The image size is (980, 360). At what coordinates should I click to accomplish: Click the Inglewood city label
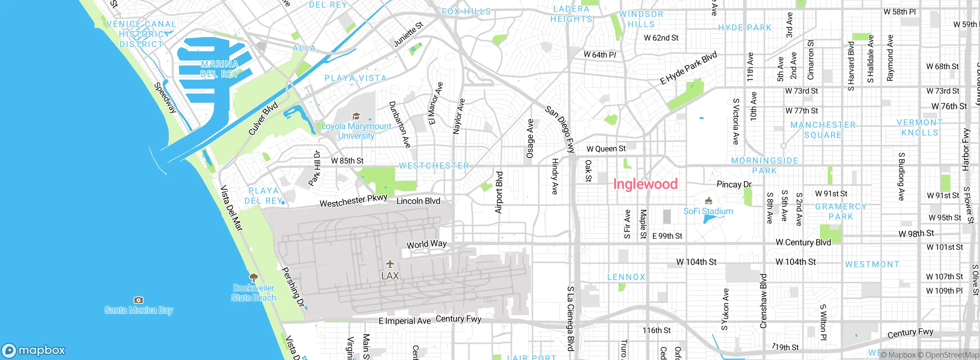(x=645, y=184)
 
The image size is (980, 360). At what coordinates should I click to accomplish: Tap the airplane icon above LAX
(x=390, y=264)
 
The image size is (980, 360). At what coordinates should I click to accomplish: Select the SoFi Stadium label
(x=708, y=211)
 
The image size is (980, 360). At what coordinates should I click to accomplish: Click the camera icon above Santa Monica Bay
(x=139, y=300)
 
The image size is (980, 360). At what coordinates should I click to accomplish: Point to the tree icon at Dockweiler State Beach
(x=253, y=277)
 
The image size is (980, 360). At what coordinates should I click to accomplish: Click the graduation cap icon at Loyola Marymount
(x=356, y=116)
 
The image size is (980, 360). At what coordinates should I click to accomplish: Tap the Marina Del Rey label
(x=219, y=69)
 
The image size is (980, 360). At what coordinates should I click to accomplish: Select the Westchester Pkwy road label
(x=353, y=201)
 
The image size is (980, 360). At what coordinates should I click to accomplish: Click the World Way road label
(x=426, y=244)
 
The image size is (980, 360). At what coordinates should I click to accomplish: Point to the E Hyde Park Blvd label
(x=688, y=68)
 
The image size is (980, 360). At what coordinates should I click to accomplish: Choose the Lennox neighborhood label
(x=626, y=277)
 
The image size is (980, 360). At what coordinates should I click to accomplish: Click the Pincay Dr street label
(x=734, y=185)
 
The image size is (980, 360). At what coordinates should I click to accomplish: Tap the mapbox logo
(x=34, y=350)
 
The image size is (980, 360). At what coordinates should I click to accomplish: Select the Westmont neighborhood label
(x=872, y=264)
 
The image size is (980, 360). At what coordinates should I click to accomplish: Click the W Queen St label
(x=606, y=149)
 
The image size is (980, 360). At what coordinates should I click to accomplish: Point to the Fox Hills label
(x=466, y=11)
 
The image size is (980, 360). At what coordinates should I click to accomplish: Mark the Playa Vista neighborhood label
(x=356, y=78)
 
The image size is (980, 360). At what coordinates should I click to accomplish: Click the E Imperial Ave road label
(x=405, y=321)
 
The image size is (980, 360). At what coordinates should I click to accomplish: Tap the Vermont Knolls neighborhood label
(x=920, y=128)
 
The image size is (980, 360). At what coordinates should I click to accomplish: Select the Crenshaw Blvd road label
(x=763, y=301)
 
